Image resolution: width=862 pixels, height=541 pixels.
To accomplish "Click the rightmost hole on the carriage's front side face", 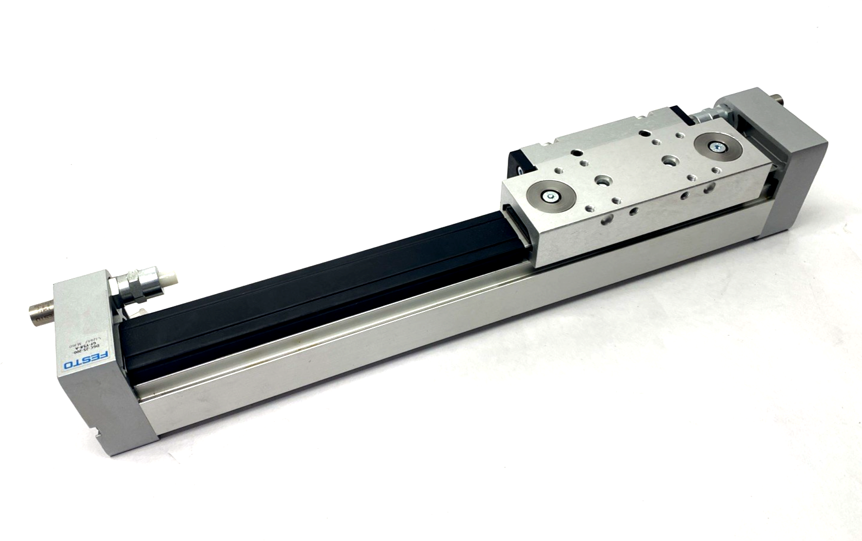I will click(709, 189).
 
